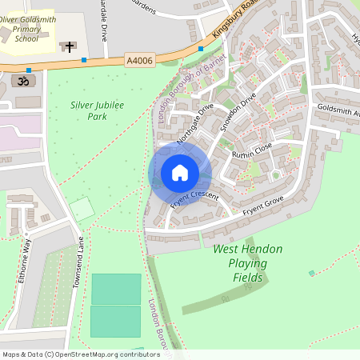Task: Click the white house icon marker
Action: [x=179, y=173]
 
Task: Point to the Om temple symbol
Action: [x=19, y=81]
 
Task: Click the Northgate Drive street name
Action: [x=196, y=124]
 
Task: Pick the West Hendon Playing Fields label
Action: [x=247, y=263]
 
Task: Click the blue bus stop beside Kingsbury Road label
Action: [x=201, y=49]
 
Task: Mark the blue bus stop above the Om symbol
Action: [x=29, y=70]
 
